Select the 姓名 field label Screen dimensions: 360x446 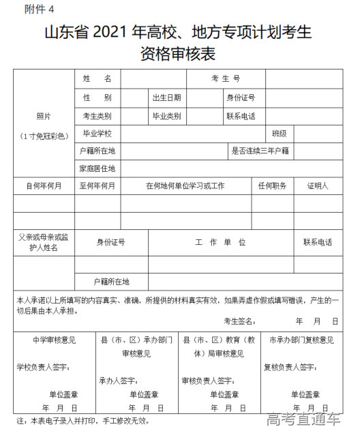(97, 80)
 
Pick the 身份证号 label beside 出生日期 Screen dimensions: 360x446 (241, 98)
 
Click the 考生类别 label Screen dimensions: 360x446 (97, 116)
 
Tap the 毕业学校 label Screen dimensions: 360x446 (97, 134)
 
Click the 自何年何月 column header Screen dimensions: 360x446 (44, 186)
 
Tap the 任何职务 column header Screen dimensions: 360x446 (272, 186)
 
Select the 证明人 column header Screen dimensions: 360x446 (318, 186)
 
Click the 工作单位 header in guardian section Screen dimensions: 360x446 (220, 242)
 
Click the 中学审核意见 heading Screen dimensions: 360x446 (54, 340)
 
